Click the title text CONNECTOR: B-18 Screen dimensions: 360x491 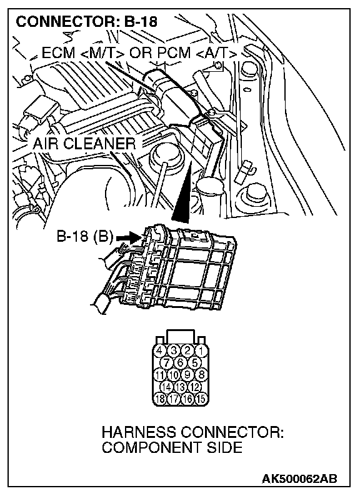[x=86, y=22]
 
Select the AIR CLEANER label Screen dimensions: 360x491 [x=84, y=144]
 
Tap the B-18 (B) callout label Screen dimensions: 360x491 [x=84, y=236]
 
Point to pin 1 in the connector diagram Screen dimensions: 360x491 [x=201, y=350]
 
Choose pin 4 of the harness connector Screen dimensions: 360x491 [x=160, y=350]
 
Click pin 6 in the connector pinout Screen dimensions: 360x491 [x=181, y=362]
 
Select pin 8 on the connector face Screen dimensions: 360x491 [x=201, y=375]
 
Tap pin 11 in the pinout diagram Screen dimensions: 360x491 [x=160, y=375]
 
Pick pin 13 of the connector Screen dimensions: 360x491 [x=181, y=387]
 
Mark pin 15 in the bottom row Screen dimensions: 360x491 [x=201, y=399]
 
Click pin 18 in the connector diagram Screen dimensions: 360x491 [x=160, y=399]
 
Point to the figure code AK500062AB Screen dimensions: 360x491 [x=299, y=479]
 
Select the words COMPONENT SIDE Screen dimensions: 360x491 [x=172, y=447]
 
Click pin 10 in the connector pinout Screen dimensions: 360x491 [x=174, y=375]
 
